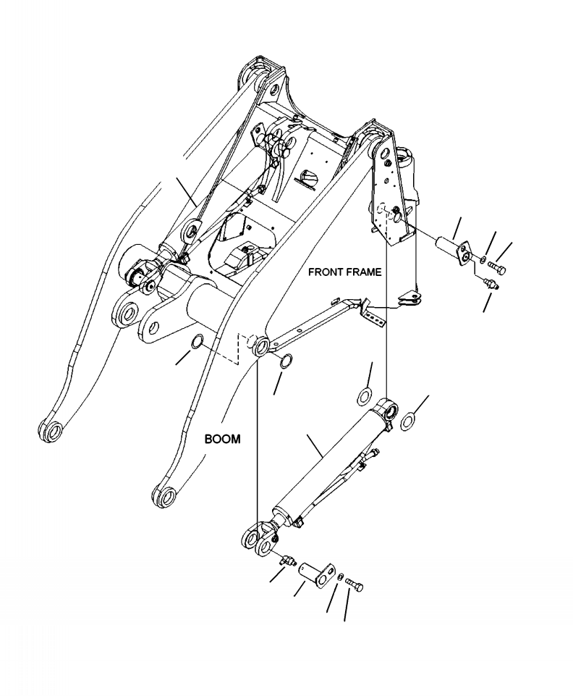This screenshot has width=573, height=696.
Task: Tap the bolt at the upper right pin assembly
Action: pos(498,269)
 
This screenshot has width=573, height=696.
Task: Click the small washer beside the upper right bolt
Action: pos(482,259)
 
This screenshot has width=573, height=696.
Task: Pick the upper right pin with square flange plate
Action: pos(452,249)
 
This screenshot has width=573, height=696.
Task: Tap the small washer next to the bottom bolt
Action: pos(340,576)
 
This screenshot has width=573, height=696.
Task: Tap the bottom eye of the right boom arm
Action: pos(164,496)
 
